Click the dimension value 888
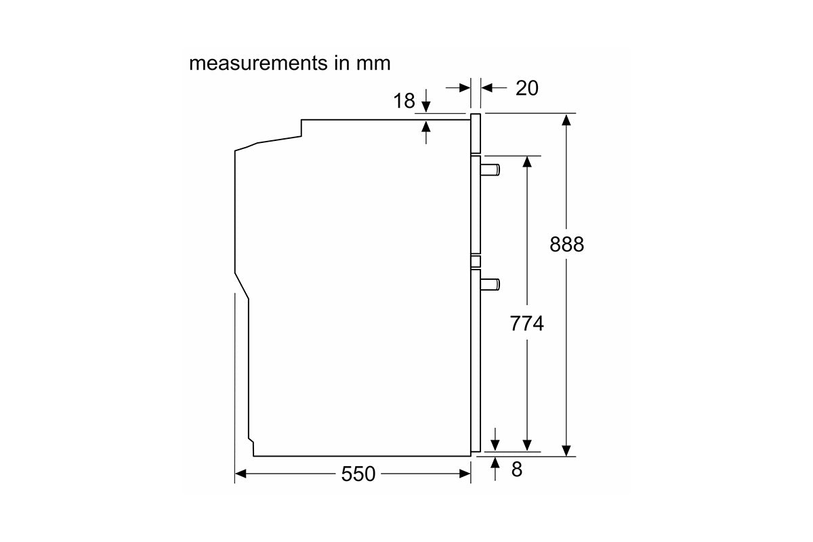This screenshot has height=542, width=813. tap(566, 244)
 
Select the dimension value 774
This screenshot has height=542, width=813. tap(526, 323)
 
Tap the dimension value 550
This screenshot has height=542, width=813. tap(358, 474)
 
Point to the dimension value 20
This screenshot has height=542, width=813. tap(527, 88)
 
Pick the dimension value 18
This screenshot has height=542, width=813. tap(404, 100)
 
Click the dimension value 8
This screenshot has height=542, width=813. tap(517, 470)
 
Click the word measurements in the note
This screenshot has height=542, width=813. tap(258, 63)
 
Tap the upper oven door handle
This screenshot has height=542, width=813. tap(490, 170)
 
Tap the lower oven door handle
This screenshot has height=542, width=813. tap(490, 285)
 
